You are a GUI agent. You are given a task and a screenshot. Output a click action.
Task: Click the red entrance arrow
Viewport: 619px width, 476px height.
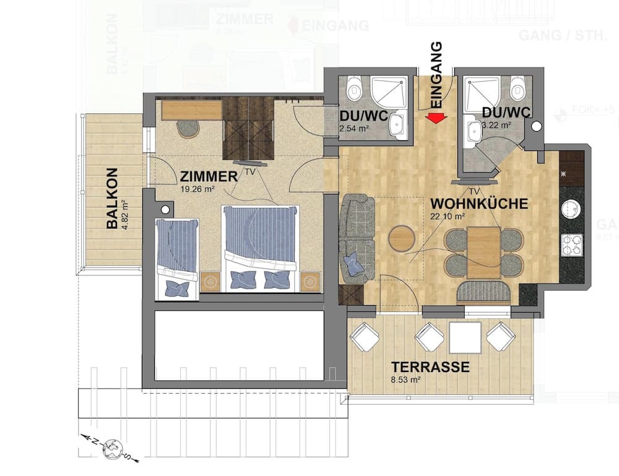(x=436, y=118)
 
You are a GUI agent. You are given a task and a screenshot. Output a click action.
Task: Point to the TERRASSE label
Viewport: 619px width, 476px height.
(x=430, y=367)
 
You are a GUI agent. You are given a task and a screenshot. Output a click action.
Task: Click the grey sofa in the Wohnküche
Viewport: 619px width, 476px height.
(x=358, y=235)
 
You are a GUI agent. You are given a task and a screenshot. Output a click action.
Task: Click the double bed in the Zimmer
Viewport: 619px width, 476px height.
(x=261, y=248)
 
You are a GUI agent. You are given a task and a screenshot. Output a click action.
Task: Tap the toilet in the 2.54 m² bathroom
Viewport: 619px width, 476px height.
(x=355, y=89)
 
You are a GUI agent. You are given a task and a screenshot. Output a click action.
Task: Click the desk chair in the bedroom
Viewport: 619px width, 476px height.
(x=188, y=128)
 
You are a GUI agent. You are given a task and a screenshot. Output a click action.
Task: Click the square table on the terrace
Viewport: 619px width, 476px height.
(x=465, y=337)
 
